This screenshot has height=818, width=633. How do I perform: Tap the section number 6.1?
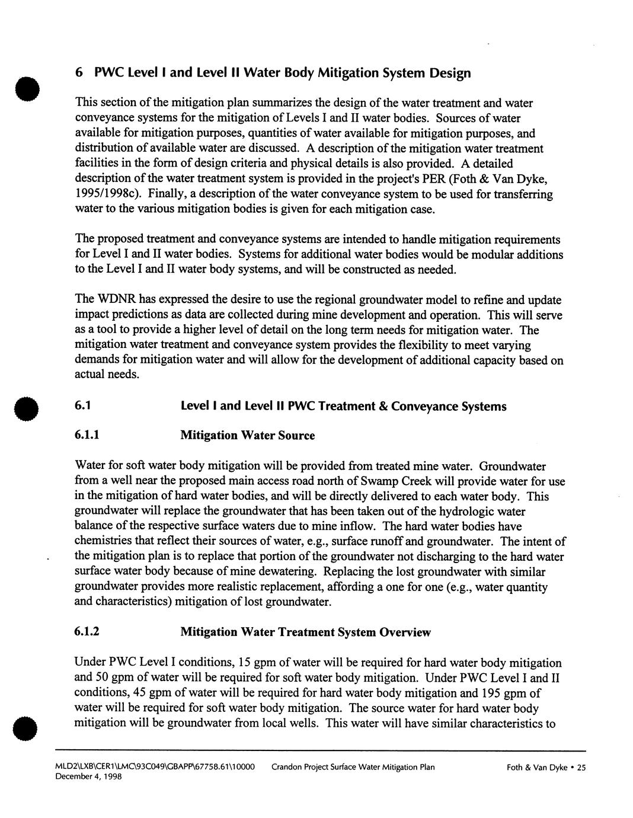(82, 406)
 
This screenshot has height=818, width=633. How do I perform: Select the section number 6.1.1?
(87, 436)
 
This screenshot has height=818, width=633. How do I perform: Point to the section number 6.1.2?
(87, 632)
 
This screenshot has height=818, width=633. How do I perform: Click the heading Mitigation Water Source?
(247, 436)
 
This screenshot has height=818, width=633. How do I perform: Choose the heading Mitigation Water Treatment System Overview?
(305, 632)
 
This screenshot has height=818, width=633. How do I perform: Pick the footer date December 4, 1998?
(88, 777)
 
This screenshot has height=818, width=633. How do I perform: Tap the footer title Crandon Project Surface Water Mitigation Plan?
(353, 767)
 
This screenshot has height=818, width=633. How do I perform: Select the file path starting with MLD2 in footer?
(155, 767)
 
